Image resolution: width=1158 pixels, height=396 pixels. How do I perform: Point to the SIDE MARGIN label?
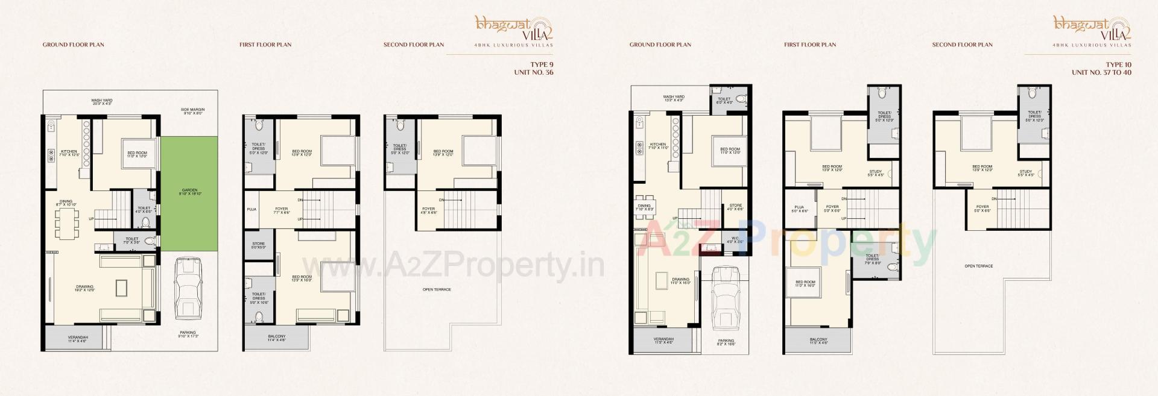194,111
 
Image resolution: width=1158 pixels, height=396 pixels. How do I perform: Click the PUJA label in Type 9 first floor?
252,209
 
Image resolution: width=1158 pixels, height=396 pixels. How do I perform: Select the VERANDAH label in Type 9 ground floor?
78,339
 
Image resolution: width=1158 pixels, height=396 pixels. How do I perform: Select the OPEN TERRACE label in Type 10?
978,266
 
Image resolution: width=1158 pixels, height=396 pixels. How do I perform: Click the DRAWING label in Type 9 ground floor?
85,288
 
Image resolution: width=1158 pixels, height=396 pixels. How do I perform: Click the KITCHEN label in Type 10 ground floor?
657,145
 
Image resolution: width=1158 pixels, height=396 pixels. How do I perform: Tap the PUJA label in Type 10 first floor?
799,208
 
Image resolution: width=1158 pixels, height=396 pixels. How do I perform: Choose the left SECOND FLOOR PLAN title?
414,45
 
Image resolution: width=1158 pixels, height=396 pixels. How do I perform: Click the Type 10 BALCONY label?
818,341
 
